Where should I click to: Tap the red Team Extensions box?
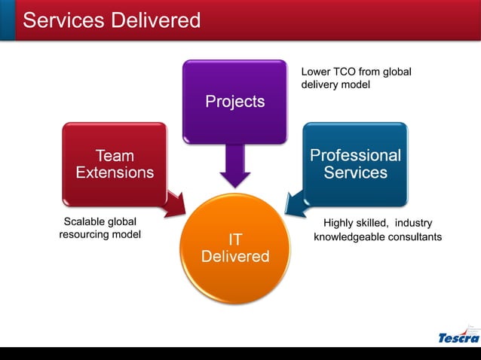[x=115, y=163]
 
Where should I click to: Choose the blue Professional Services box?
[x=355, y=163]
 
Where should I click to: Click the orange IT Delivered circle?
[x=235, y=249]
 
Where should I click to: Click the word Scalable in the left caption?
[x=84, y=222]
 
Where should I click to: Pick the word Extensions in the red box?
[x=115, y=172]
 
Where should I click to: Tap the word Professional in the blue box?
[x=355, y=155]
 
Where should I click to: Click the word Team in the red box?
[x=115, y=155]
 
